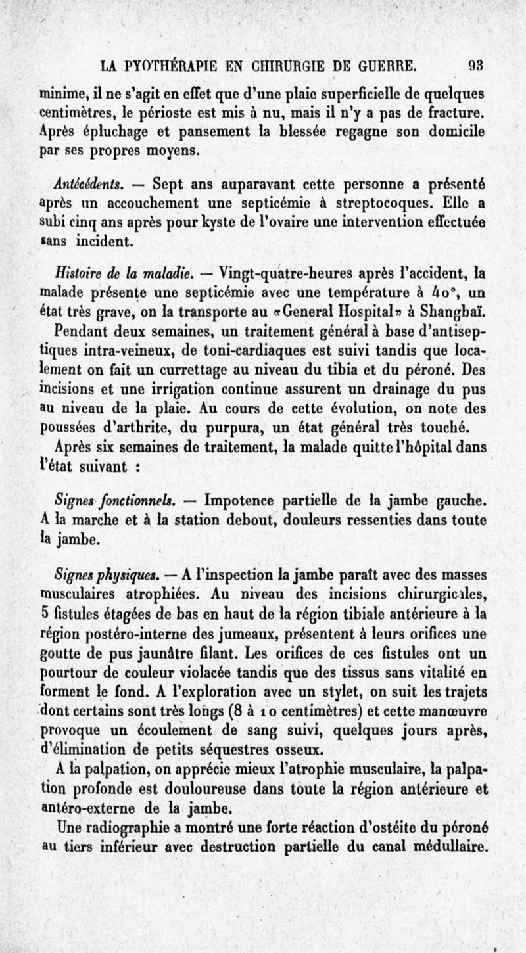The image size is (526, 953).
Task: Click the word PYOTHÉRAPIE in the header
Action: pos(158,66)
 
